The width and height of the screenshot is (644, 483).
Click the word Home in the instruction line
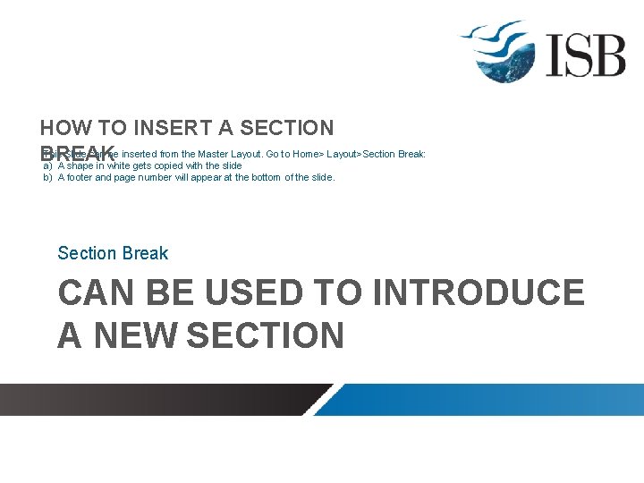pos(307,155)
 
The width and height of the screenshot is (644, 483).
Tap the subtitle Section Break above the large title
pos(113,253)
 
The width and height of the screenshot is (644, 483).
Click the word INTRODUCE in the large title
pos(479,293)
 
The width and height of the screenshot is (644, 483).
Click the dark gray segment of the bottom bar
pos(161,399)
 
